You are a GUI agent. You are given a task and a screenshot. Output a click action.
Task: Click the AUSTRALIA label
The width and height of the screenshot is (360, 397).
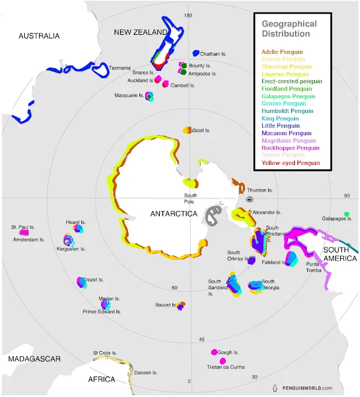39,36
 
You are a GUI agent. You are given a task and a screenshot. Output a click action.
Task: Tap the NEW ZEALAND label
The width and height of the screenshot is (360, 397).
140,32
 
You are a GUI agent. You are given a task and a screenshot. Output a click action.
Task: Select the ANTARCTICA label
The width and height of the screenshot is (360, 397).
173,214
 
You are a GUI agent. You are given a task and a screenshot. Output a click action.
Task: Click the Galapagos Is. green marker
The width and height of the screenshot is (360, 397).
346,215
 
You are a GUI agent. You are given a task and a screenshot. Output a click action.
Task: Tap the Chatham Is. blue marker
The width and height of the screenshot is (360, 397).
196,54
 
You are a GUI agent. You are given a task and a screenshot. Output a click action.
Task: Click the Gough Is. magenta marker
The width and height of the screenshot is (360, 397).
214,352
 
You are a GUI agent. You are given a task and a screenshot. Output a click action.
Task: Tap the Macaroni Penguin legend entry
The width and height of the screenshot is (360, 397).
287,133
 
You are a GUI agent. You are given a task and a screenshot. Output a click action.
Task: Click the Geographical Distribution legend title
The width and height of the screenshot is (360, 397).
289,29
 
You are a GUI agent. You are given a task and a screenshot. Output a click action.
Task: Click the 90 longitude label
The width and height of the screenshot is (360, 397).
347,196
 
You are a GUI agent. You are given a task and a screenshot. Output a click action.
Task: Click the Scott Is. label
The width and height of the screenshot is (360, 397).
201,131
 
